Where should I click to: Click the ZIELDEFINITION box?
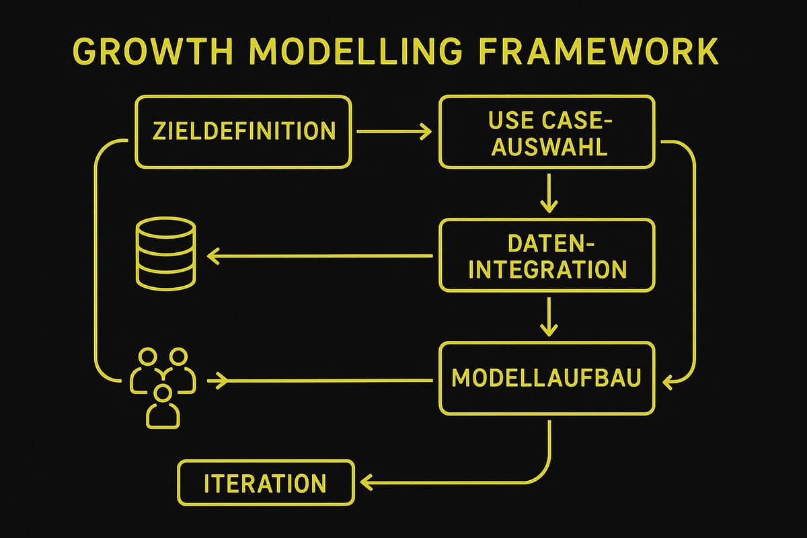click(x=243, y=132)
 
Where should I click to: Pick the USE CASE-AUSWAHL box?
click(x=546, y=132)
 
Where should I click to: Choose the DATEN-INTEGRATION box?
click(x=546, y=256)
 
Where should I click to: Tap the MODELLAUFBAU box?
click(x=546, y=378)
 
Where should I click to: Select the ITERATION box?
click(x=265, y=483)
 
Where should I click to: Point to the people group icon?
click(x=163, y=386)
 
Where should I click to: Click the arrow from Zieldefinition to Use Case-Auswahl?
click(x=394, y=132)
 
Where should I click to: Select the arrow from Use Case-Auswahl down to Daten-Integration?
click(x=549, y=193)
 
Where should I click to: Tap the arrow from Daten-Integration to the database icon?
click(x=319, y=255)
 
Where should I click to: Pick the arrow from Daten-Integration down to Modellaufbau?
click(x=549, y=317)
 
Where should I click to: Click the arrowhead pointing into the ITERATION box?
click(x=367, y=482)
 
